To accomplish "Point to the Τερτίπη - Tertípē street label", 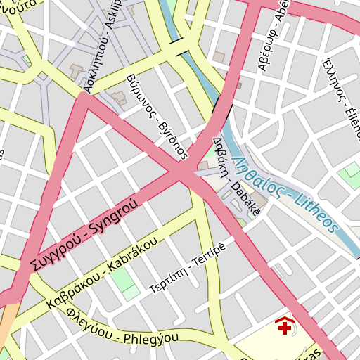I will (x=188, y=269).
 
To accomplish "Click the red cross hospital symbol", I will (x=285, y=327).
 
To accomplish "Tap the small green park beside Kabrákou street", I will (x=124, y=280).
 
